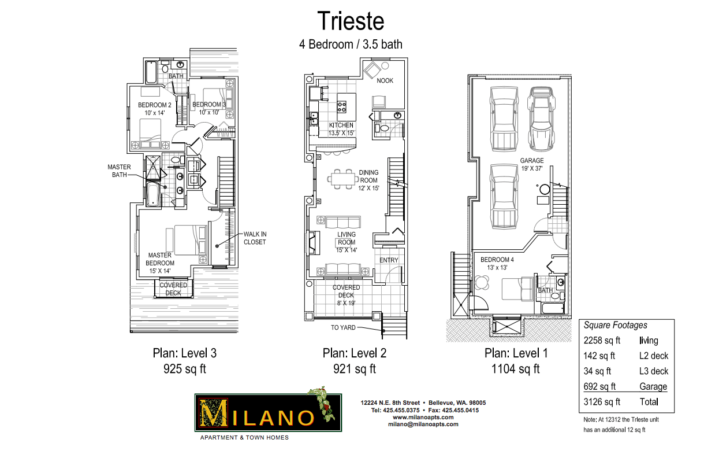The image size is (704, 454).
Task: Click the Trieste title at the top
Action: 351,21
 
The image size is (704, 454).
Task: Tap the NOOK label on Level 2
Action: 385,80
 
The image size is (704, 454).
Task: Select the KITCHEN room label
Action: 341,125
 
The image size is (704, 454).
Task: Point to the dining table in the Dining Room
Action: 343,179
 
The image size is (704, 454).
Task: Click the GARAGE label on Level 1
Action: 532,161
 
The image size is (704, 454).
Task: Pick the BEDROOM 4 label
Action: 497,260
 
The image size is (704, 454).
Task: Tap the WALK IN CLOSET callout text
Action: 255,238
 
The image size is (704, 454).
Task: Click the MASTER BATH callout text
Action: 119,171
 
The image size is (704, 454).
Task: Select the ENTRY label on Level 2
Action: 389,260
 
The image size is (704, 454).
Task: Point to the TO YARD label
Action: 343,328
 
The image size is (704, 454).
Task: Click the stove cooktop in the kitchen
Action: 342,106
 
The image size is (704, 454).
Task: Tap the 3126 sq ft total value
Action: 602,402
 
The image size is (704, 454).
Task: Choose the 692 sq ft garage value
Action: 599,386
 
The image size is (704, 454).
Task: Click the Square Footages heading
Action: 616,325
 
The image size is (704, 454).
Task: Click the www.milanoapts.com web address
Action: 423,417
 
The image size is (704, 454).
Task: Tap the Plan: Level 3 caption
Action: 185,353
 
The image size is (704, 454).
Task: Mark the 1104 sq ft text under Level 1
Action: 515,368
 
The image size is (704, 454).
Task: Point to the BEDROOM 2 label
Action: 155,105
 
